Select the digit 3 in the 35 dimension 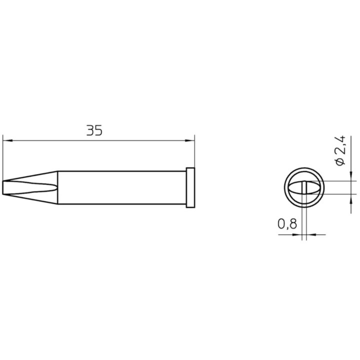tap(90, 131)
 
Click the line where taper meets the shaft tap(57, 187)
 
